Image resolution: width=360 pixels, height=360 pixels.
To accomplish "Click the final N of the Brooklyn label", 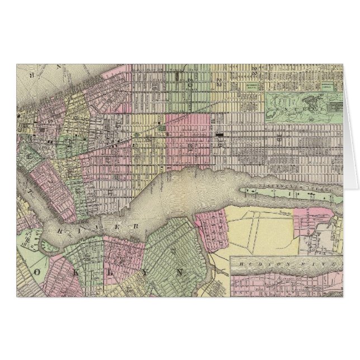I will [179, 272].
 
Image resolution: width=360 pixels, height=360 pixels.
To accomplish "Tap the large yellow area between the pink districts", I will [263, 229].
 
